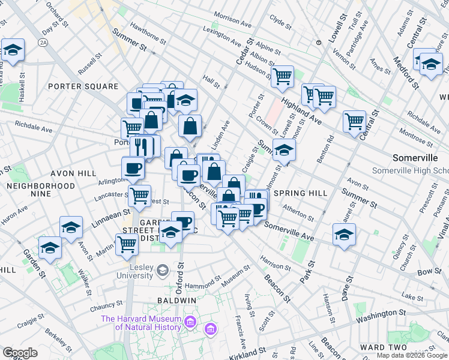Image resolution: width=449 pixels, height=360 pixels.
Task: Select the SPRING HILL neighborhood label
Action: click(300, 193)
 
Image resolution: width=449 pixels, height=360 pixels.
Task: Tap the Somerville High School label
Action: click(410, 170)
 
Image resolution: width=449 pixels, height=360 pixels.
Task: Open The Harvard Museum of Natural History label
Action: click(141, 323)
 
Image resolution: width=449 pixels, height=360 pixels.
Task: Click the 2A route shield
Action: click(43, 43)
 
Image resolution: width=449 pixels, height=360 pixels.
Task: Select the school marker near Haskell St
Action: click(12, 50)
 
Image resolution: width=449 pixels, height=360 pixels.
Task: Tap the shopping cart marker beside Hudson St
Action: click(282, 76)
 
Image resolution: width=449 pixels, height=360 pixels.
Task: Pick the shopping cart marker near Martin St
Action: click(127, 244)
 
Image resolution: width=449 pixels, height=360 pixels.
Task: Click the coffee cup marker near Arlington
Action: click(133, 167)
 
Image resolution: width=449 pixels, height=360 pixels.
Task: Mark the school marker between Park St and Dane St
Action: click(345, 235)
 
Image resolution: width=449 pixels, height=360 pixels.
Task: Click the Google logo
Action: click(20, 352)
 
